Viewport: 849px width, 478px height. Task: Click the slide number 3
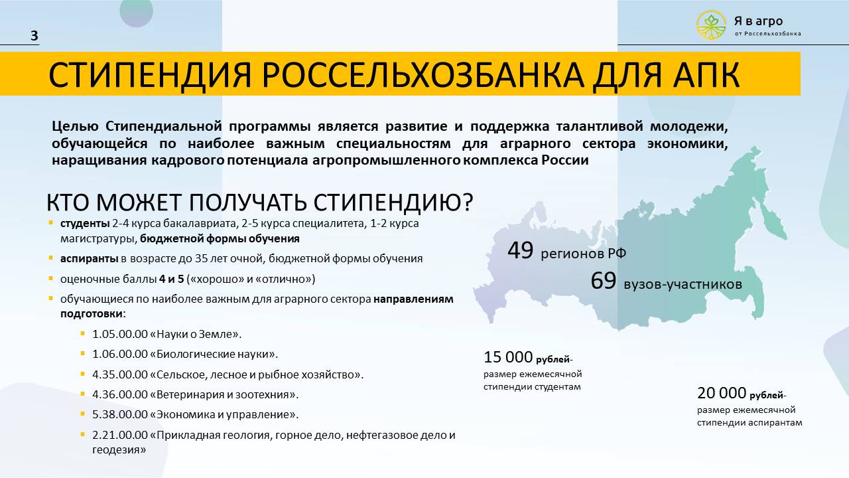34,35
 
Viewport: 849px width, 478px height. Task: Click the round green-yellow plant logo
712,25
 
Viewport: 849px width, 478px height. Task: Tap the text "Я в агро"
758,21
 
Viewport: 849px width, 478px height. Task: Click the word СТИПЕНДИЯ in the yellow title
150,75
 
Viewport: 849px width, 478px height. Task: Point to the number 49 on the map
521,250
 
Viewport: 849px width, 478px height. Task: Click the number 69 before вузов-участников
604,281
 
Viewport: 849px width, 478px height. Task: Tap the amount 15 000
508,357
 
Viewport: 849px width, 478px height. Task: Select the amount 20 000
722,393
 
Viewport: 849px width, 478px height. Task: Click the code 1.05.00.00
120,334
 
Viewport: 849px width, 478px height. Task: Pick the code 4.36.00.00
120,394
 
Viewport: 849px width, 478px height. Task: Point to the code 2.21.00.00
120,435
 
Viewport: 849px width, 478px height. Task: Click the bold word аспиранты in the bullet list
89,259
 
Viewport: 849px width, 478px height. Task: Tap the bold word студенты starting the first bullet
85,224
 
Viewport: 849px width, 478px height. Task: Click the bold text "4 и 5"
171,279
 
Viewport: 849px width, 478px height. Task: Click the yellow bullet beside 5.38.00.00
83,413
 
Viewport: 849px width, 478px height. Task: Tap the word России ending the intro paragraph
564,160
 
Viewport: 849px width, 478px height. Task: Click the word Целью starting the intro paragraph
75,127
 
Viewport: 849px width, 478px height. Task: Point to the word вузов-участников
683,285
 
